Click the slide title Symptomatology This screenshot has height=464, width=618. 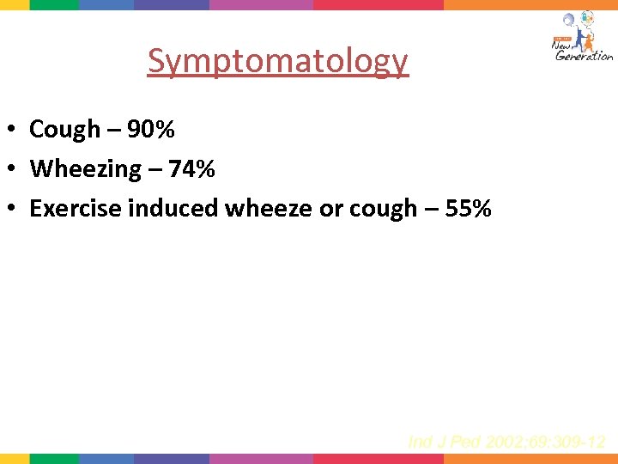click(x=277, y=61)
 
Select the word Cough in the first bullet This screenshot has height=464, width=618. click(x=64, y=130)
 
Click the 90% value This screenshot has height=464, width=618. click(x=151, y=130)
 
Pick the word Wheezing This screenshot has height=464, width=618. click(x=84, y=169)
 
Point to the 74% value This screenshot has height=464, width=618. click(x=191, y=169)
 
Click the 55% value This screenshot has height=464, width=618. click(x=468, y=209)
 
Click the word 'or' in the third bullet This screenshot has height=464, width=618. click(x=330, y=209)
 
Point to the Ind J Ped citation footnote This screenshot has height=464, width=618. click(x=507, y=442)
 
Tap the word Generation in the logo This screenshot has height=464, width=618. click(x=585, y=56)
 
